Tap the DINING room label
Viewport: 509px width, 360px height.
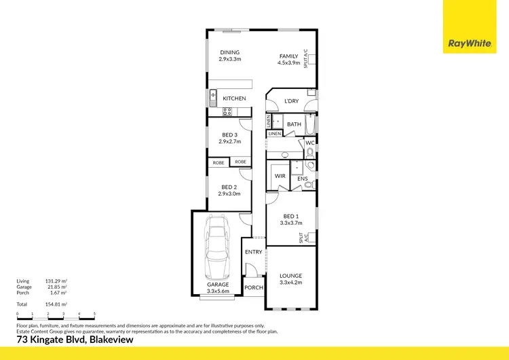pos(229,52)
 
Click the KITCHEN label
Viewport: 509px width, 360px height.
pos(234,98)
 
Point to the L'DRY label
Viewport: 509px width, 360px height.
pos(291,101)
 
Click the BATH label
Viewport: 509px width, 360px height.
pos(294,124)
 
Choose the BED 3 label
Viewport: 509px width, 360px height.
pos(229,134)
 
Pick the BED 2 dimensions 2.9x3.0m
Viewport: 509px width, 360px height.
pos(229,194)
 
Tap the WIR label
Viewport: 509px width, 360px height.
pos(280,176)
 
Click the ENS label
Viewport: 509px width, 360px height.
pos(303,179)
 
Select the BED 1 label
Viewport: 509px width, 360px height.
pos(290,216)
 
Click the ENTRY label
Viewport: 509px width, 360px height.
pos(253,252)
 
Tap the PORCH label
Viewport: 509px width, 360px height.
pos(253,287)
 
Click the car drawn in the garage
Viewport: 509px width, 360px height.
pos(218,245)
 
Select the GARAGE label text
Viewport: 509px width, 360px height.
pos(218,284)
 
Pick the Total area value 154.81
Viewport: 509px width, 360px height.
pos(54,305)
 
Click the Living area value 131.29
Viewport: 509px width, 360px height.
pos(54,281)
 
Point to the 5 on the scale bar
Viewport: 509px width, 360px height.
pos(94,314)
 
